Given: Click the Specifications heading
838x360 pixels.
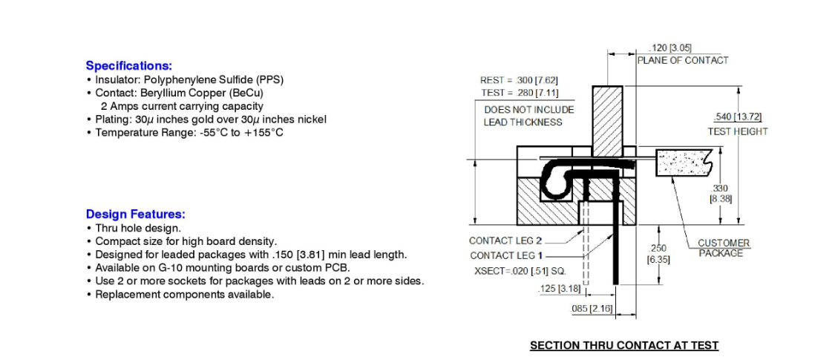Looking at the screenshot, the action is pyautogui.click(x=129, y=66).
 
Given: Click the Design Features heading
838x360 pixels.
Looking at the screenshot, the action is pyautogui.click(x=136, y=215).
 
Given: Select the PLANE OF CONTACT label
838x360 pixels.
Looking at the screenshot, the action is pyautogui.click(x=682, y=60).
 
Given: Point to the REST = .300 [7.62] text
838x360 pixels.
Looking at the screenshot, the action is pyautogui.click(x=519, y=81).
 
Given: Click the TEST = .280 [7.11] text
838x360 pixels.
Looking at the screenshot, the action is pyautogui.click(x=519, y=93).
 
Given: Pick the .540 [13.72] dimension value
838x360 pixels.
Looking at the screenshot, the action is pyautogui.click(x=738, y=117).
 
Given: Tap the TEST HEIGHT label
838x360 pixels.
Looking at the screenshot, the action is pyautogui.click(x=738, y=131).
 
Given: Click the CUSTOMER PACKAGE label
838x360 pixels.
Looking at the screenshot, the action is pyautogui.click(x=723, y=249).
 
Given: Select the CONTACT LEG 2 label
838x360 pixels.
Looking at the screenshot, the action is pyautogui.click(x=505, y=241).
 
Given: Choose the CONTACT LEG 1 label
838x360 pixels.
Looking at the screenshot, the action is pyautogui.click(x=505, y=256).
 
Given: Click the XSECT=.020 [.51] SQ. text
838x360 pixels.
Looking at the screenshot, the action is pyautogui.click(x=520, y=271).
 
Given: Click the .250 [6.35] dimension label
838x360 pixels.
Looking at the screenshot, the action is pyautogui.click(x=658, y=255).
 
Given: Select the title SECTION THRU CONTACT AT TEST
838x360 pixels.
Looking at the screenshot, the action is pyautogui.click(x=624, y=346).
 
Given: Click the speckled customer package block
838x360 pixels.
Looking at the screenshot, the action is pyautogui.click(x=684, y=163).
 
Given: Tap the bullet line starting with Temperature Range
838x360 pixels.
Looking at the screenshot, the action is pyautogui.click(x=185, y=132).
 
